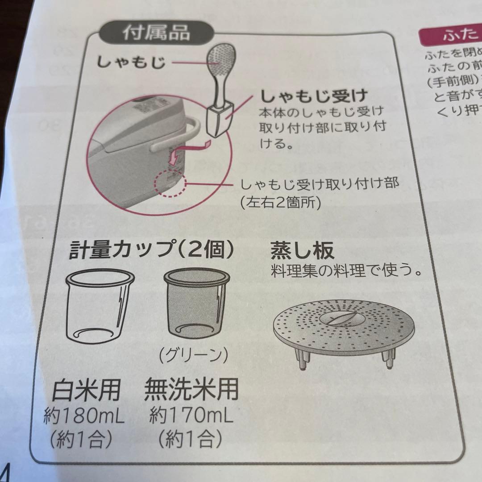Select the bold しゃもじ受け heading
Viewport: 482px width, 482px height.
[314, 96]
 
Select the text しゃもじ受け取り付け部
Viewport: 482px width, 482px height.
[319, 184]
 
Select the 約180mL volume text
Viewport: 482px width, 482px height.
[84, 417]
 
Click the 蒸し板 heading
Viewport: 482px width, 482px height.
[302, 251]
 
